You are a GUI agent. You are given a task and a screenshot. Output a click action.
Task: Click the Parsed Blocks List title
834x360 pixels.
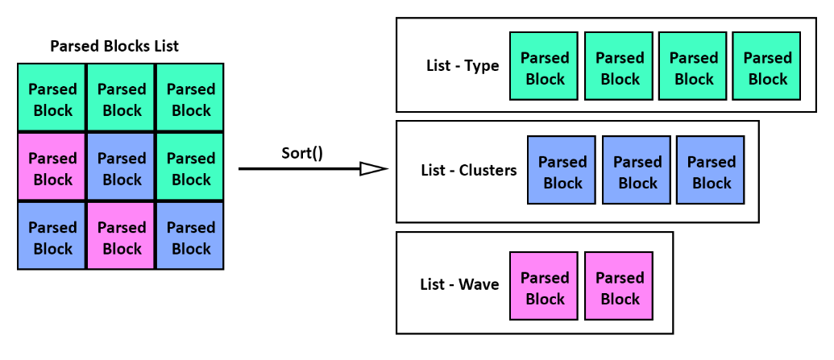pos(114,46)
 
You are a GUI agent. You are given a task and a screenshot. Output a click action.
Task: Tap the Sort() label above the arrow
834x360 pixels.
pos(302,153)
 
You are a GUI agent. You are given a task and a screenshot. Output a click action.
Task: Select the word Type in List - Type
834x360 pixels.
pos(482,67)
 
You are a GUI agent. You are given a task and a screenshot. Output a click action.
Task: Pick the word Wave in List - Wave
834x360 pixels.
pos(479,284)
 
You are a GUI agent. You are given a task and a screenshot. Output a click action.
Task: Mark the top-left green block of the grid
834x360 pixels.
pos(52,97)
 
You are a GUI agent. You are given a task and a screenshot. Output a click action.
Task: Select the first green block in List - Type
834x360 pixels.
pos(544,66)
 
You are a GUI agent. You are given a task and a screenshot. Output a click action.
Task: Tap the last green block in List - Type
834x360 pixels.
pos(766,66)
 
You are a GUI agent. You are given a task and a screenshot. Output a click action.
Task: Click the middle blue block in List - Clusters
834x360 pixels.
pos(636,170)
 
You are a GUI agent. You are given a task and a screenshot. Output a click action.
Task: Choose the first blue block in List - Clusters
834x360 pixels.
pos(562,170)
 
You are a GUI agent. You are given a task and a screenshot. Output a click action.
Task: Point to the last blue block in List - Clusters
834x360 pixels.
pos(711,170)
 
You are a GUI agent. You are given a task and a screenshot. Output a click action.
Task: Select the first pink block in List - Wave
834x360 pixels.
pos(544,286)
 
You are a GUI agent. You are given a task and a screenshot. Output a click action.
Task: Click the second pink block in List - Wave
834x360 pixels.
pos(619,286)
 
